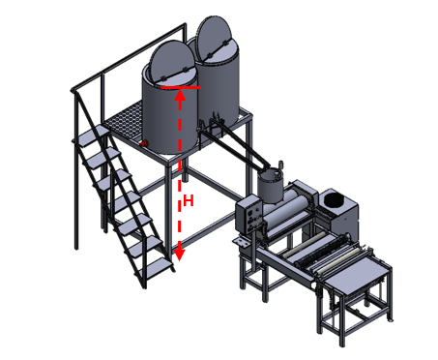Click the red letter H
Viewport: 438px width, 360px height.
tap(190, 201)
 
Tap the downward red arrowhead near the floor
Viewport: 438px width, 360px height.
tap(179, 254)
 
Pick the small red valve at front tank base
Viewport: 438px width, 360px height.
tap(143, 144)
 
